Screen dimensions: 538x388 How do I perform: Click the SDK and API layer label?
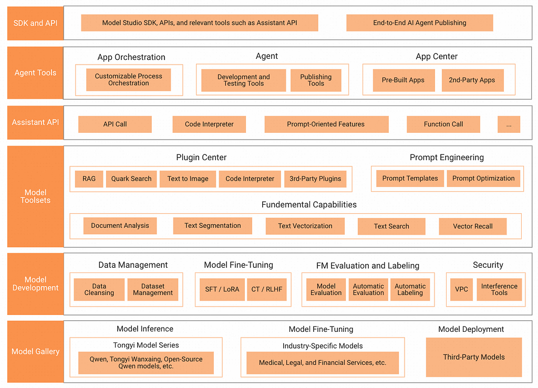(35, 23)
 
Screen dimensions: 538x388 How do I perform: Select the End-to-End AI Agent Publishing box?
(420, 23)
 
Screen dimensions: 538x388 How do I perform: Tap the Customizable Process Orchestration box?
(129, 79)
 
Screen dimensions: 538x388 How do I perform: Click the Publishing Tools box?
(316, 80)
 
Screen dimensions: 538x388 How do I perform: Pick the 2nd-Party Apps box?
(472, 80)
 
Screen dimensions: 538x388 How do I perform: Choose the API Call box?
(115, 124)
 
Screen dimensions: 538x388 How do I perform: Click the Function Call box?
(443, 124)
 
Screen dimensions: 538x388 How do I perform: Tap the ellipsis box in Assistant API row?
(509, 124)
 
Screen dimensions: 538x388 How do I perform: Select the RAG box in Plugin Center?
(89, 179)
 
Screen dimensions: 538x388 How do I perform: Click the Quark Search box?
(131, 179)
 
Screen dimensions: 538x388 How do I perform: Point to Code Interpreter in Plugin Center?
(250, 179)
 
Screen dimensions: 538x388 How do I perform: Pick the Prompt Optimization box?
(483, 178)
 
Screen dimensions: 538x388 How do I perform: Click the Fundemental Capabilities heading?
(309, 205)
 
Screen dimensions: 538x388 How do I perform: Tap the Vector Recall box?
(473, 226)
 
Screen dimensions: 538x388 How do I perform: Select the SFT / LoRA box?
(222, 289)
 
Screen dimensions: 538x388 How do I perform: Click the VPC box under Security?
(461, 289)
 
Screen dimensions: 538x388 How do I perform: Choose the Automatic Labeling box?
(410, 289)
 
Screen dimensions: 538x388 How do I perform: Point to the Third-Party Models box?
(474, 357)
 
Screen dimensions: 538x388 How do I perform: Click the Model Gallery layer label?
(35, 352)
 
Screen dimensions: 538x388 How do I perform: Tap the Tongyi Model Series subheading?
(146, 345)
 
